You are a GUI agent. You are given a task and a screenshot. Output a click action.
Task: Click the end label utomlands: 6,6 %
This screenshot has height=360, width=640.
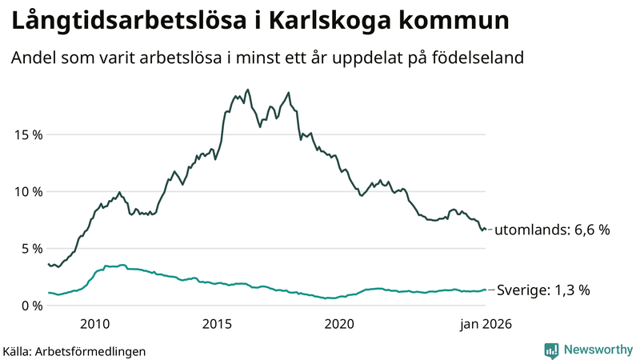point(552,230)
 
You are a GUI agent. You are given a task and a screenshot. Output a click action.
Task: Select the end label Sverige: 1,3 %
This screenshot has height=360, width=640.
point(543,290)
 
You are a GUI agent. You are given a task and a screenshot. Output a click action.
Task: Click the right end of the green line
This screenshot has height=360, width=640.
point(486,290)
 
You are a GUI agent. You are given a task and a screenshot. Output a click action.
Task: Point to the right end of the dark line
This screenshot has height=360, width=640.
point(486,230)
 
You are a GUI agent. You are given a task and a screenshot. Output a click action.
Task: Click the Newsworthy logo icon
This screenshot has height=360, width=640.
point(551,350)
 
